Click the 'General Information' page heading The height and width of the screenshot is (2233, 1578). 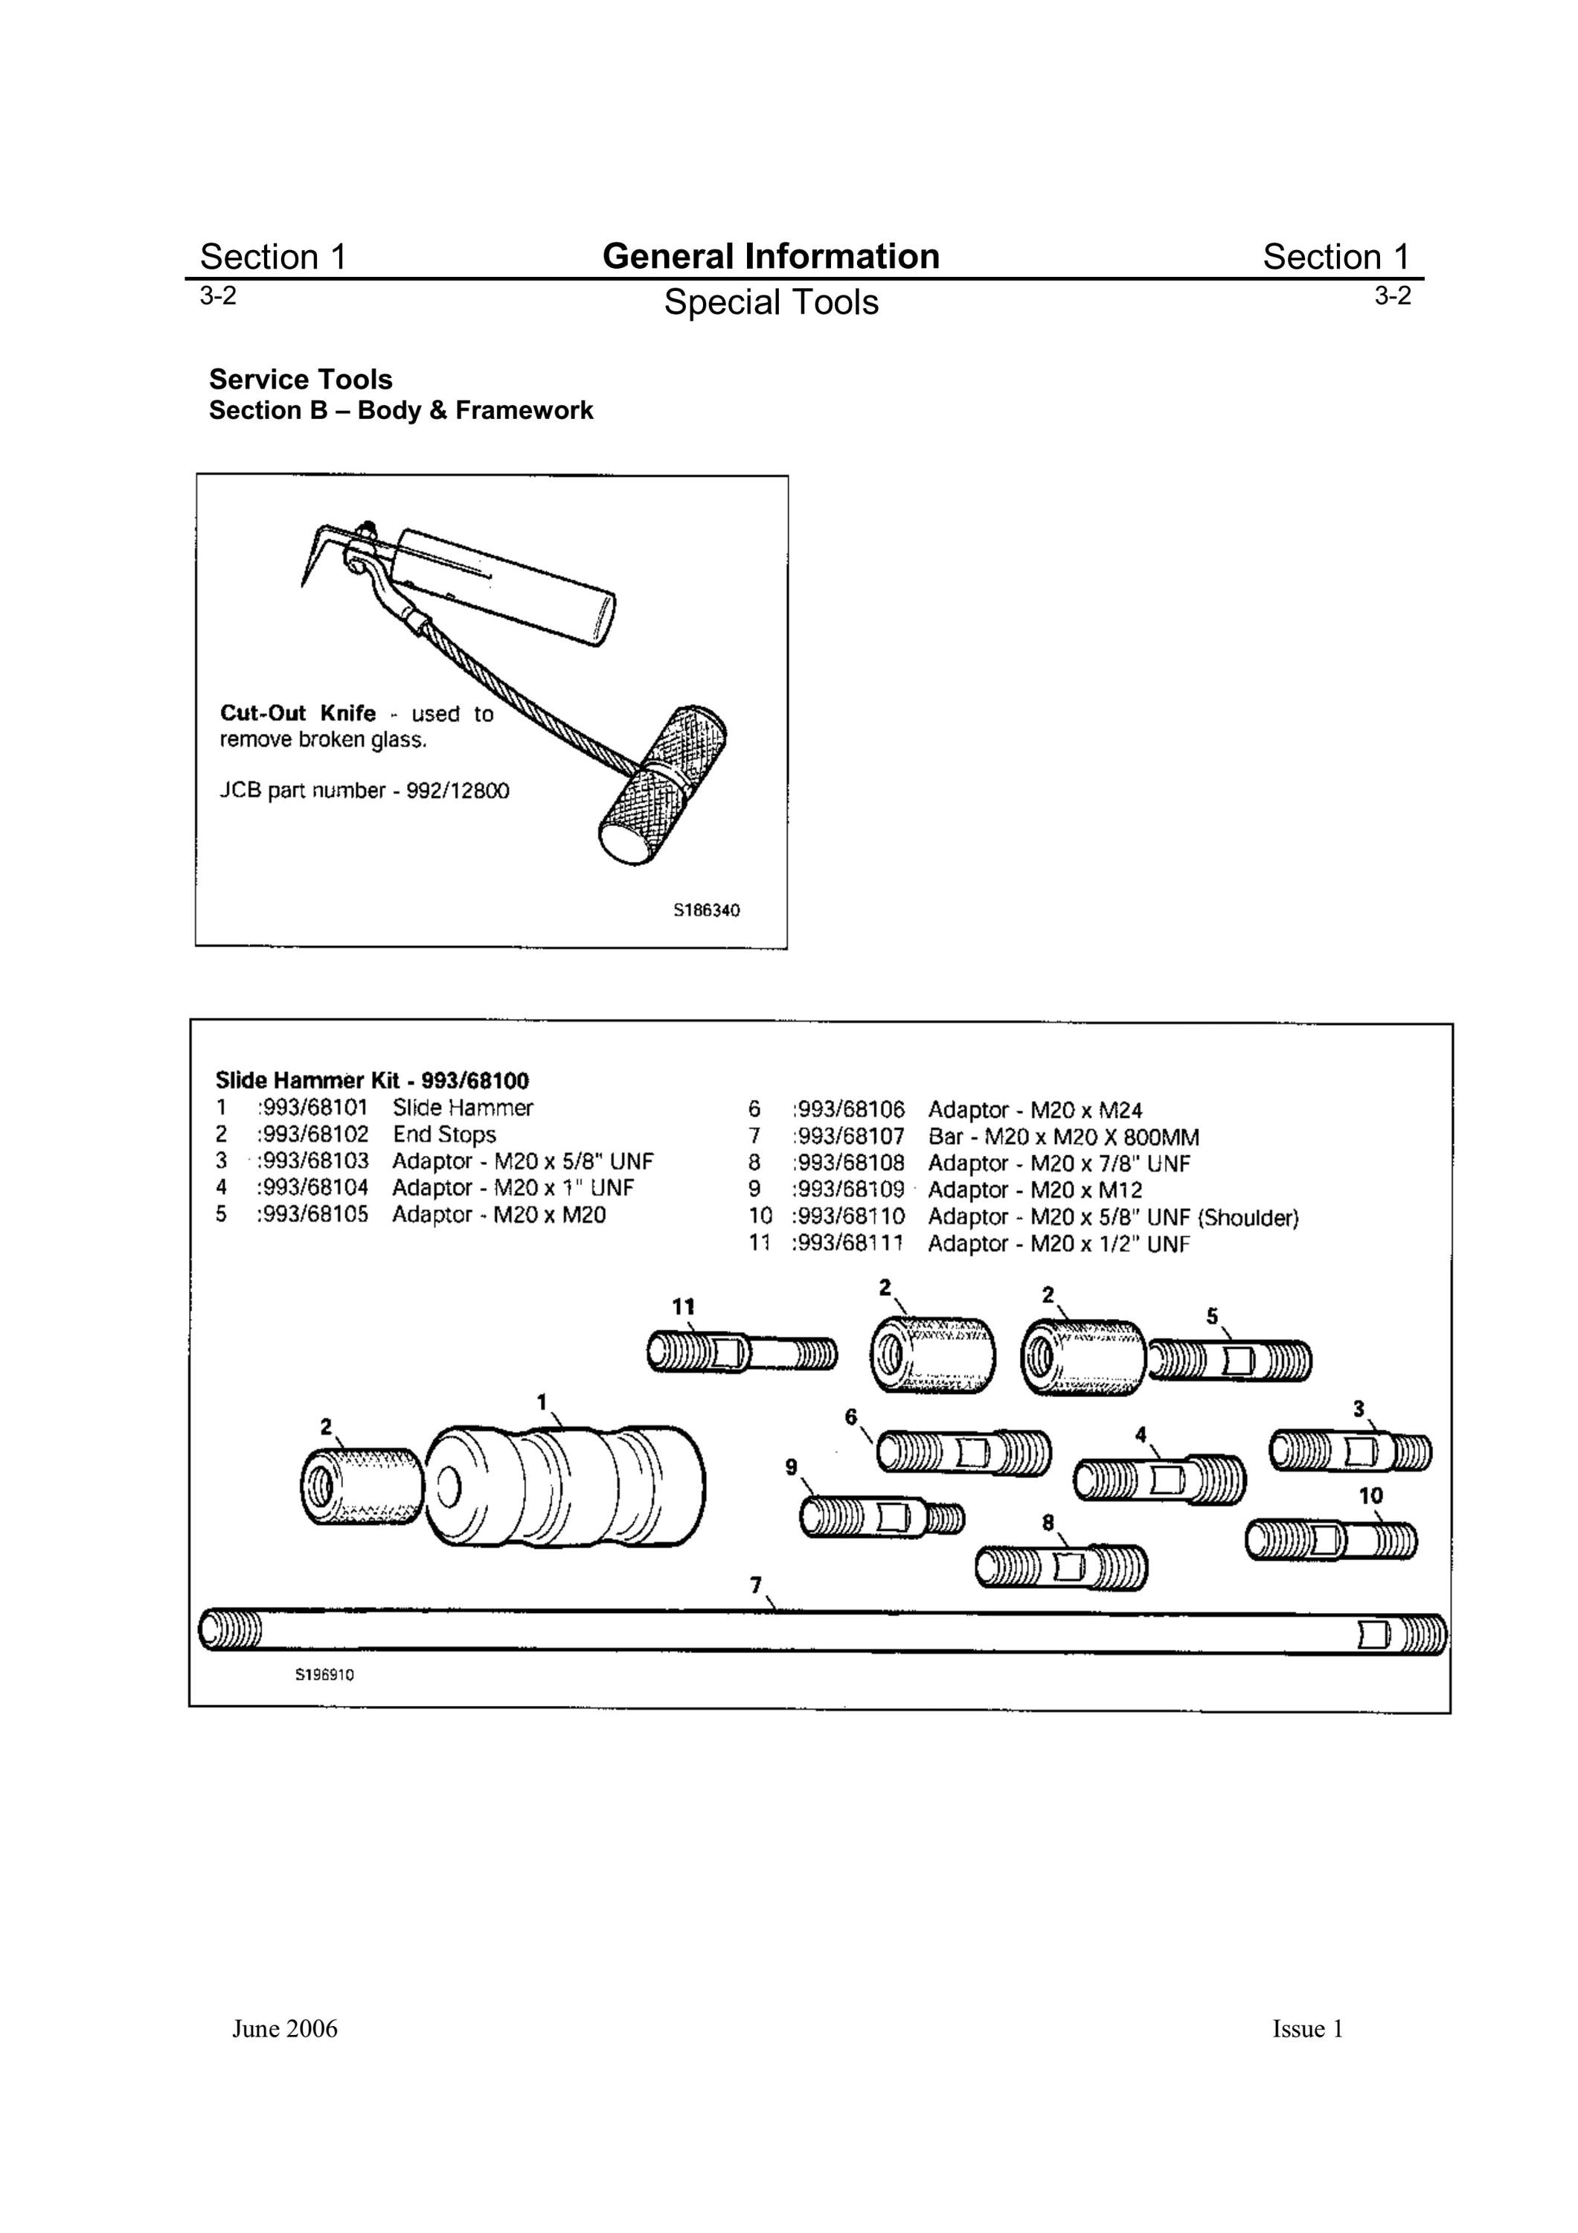click(771, 256)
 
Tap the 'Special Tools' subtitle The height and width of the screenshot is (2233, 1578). click(771, 302)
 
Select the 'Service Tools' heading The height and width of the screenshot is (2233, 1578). click(301, 380)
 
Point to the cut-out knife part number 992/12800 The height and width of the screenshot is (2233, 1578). click(457, 790)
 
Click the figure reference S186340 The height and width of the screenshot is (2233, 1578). click(707, 911)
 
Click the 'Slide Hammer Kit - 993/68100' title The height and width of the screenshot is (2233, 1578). click(373, 1081)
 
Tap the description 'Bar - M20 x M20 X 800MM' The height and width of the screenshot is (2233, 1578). click(1064, 1137)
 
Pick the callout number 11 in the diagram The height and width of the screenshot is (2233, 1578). click(684, 1306)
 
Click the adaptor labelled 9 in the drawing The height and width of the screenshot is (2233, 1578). click(883, 1518)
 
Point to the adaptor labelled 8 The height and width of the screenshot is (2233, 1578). click(1062, 1567)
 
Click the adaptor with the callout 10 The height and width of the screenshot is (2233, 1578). click(1331, 1541)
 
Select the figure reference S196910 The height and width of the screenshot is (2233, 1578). click(324, 1675)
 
